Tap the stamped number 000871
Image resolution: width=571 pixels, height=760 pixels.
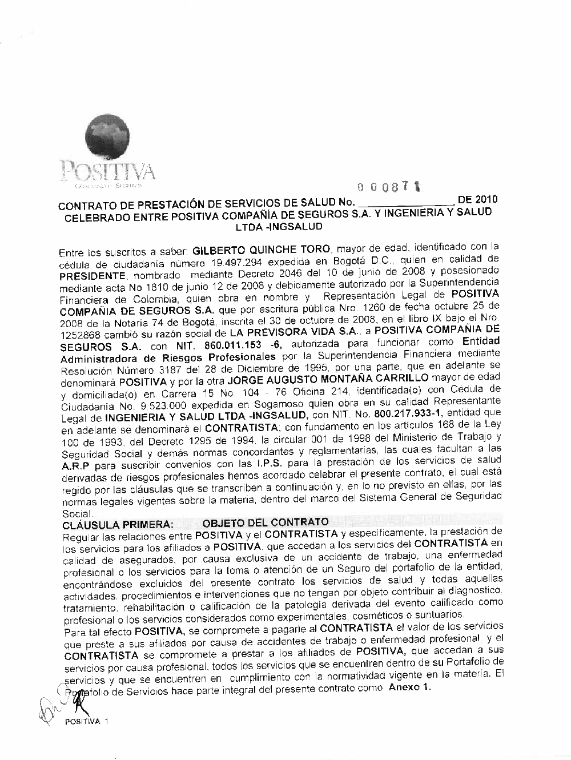392,186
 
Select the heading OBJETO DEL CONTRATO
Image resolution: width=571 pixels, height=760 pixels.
266,522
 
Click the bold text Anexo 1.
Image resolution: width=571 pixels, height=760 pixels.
409,687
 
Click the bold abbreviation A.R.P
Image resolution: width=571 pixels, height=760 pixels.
74,465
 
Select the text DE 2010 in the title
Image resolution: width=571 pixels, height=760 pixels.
477,199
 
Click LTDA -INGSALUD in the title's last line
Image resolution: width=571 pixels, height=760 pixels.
279,226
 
